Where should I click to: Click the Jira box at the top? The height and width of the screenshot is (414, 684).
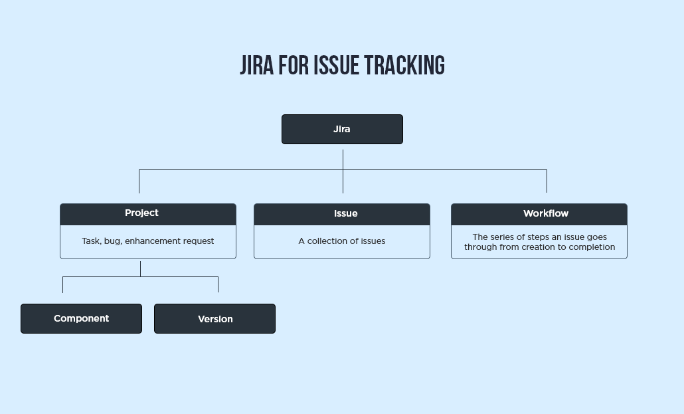click(x=342, y=129)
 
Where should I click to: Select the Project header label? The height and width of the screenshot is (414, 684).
click(x=141, y=213)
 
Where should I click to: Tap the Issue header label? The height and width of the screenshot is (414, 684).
click(x=345, y=213)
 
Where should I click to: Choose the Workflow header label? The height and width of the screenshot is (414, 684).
click(x=545, y=213)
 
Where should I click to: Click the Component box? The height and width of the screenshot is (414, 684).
click(x=81, y=318)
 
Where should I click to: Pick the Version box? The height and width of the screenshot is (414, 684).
click(x=214, y=319)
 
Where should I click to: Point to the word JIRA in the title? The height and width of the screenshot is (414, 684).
click(x=256, y=66)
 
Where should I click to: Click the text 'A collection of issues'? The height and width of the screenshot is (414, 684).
click(x=341, y=241)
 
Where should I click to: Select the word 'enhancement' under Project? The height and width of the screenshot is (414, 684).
click(x=155, y=241)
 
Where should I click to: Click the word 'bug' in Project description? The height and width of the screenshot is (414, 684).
click(x=112, y=241)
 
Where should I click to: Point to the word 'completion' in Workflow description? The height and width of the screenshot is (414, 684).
click(x=590, y=247)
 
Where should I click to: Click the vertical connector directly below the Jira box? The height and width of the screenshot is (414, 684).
click(x=343, y=159)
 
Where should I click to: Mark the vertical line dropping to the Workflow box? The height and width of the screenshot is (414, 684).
click(x=547, y=181)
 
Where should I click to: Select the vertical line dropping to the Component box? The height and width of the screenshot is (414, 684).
click(x=62, y=284)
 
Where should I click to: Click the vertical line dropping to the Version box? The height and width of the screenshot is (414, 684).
click(x=218, y=284)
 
